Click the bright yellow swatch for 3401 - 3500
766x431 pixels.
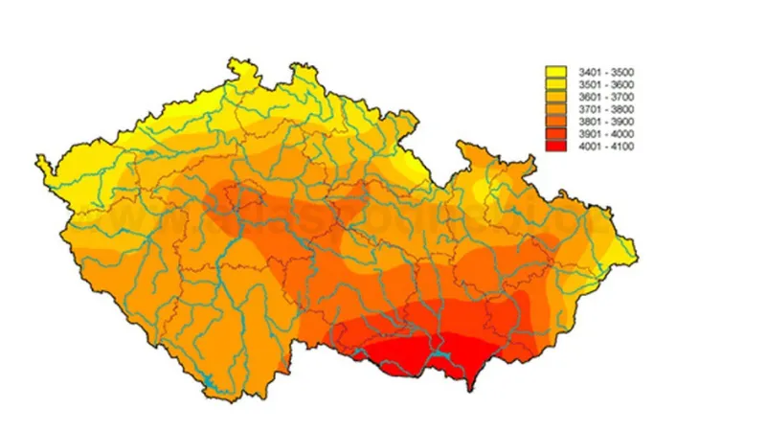[555, 72]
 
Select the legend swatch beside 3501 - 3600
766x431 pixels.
[555, 84]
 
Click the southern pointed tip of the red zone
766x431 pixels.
[468, 390]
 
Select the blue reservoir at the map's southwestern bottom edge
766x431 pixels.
[206, 388]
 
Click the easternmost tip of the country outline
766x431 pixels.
[637, 257]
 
